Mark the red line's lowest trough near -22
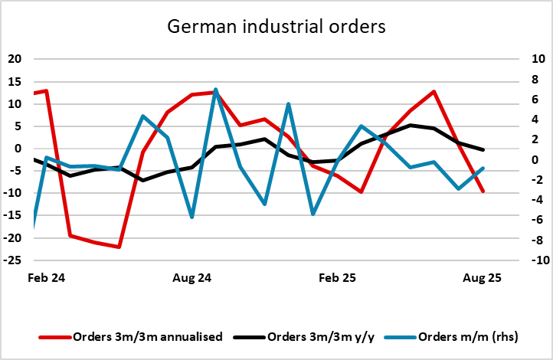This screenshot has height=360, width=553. pos(119,247)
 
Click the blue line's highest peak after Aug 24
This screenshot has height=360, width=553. pos(216,89)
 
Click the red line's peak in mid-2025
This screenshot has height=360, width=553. pos(434,92)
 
